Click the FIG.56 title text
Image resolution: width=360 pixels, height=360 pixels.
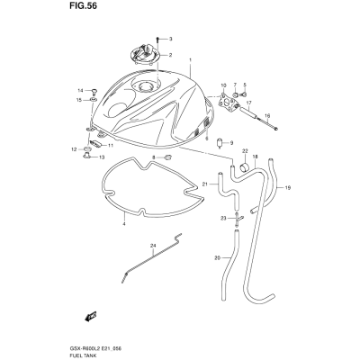81,6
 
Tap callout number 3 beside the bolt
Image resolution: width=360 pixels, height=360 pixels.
170,39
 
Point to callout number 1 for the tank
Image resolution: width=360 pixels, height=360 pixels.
190,60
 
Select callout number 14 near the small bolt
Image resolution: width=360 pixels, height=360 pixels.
80,90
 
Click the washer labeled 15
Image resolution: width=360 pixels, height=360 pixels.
94,99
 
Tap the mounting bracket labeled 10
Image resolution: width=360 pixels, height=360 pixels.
229,102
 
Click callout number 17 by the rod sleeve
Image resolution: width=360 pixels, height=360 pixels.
248,103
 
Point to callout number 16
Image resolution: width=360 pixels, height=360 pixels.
267,115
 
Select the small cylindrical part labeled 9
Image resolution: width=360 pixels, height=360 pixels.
220,143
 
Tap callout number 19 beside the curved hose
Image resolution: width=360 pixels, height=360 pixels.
288,188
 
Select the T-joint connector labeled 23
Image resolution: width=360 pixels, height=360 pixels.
238,220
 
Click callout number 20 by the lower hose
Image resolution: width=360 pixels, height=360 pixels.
218,258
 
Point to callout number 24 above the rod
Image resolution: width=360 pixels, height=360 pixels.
153,246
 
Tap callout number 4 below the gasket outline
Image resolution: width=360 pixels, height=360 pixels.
124,224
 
